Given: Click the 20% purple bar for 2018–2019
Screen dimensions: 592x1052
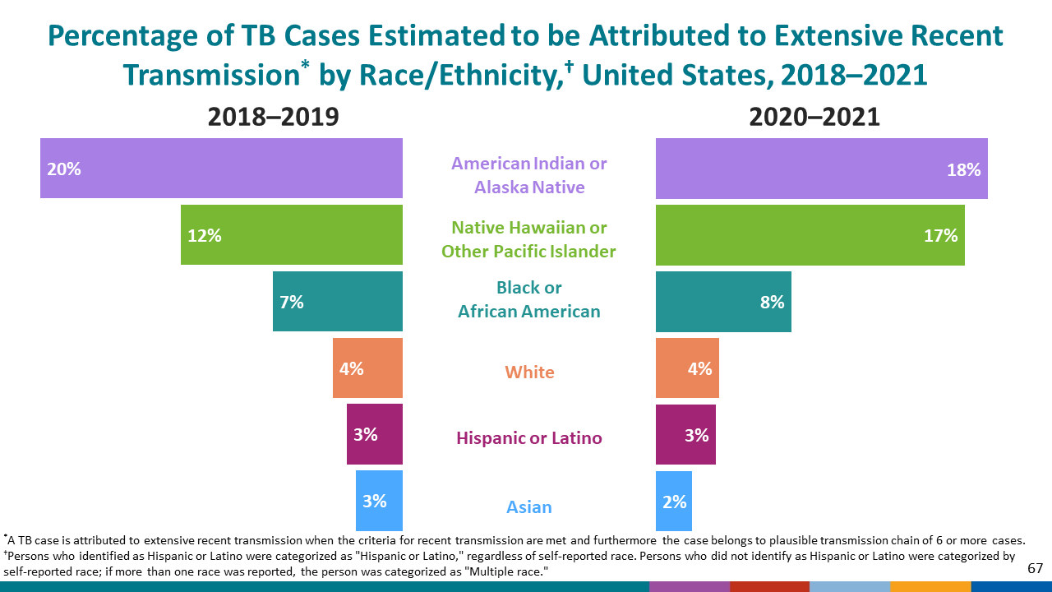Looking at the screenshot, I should click(221, 169).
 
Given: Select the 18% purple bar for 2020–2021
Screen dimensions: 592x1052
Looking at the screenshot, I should click(821, 169).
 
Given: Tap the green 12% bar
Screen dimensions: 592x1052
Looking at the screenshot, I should click(292, 235).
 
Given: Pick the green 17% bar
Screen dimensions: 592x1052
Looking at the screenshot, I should click(810, 235).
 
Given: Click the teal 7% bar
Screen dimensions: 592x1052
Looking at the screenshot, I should click(338, 302).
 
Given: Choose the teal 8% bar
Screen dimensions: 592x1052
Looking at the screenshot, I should click(723, 302).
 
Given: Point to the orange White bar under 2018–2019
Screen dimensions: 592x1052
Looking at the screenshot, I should click(367, 368).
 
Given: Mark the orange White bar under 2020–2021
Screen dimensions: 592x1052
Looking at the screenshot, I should click(687, 368).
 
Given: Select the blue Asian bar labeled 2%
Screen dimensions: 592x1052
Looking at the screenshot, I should click(674, 501).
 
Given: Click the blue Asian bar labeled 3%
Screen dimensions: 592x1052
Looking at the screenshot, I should click(379, 501).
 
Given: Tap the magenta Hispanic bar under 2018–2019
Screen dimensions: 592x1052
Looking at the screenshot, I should click(375, 434).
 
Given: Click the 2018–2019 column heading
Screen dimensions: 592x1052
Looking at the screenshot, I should click(273, 117).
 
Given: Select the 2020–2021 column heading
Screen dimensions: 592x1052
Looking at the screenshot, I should click(814, 117).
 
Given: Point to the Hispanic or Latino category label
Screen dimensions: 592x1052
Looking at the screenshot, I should click(529, 437).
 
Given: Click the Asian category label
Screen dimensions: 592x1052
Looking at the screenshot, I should click(529, 506).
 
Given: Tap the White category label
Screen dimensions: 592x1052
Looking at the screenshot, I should click(529, 372).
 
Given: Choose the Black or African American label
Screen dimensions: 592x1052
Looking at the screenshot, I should click(529, 299).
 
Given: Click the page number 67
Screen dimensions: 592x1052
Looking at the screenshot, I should click(1035, 568).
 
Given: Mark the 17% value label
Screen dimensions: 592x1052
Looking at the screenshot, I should click(940, 236).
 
